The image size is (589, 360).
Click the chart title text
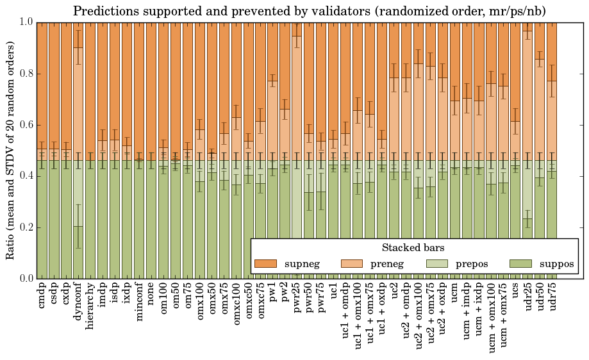tap(309, 11)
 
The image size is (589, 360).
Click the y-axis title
tap(10, 151)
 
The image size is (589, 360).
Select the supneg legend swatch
tap(265, 264)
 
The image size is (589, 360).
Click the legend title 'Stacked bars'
tap(413, 247)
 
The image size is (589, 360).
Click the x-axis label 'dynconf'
tap(78, 302)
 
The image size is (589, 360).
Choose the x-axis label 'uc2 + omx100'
tap(419, 314)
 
